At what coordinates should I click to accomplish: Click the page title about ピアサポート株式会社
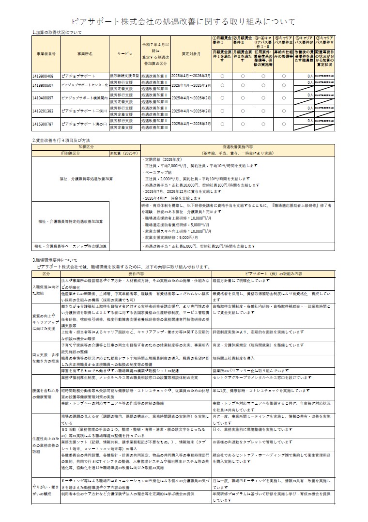click(x=184, y=22)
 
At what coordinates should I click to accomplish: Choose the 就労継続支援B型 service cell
click(x=124, y=76)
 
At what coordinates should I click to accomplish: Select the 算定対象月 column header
click(x=191, y=53)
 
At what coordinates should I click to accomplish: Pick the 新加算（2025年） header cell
click(x=123, y=153)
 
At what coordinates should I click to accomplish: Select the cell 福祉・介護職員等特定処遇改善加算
click(x=71, y=221)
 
